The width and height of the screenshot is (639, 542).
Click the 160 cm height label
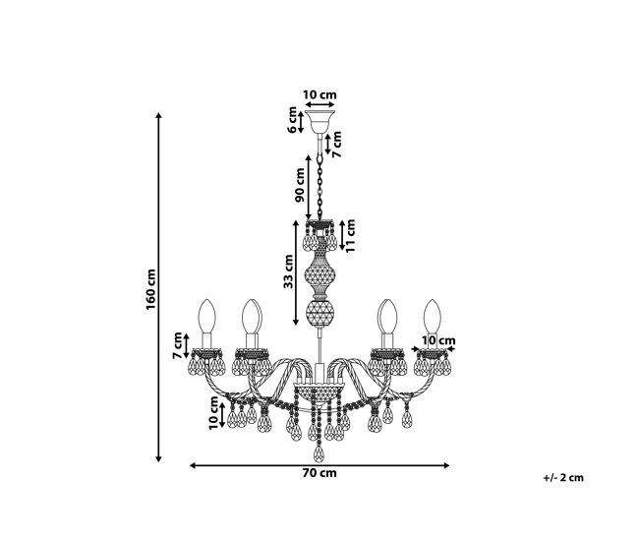[x=150, y=289]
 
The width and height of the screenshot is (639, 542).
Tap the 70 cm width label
[x=319, y=473]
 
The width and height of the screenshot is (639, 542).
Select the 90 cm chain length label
[x=300, y=185]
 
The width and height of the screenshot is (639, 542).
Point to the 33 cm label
[x=288, y=271]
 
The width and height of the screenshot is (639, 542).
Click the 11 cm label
[x=350, y=236]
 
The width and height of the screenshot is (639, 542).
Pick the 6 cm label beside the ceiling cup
[x=292, y=119]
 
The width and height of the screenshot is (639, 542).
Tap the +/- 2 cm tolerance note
[x=563, y=477]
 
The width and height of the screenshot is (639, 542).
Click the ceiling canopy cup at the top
[x=319, y=122]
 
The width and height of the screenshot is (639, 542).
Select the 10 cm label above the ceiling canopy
[x=319, y=94]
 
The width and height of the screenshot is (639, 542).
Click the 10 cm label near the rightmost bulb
[x=438, y=340]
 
